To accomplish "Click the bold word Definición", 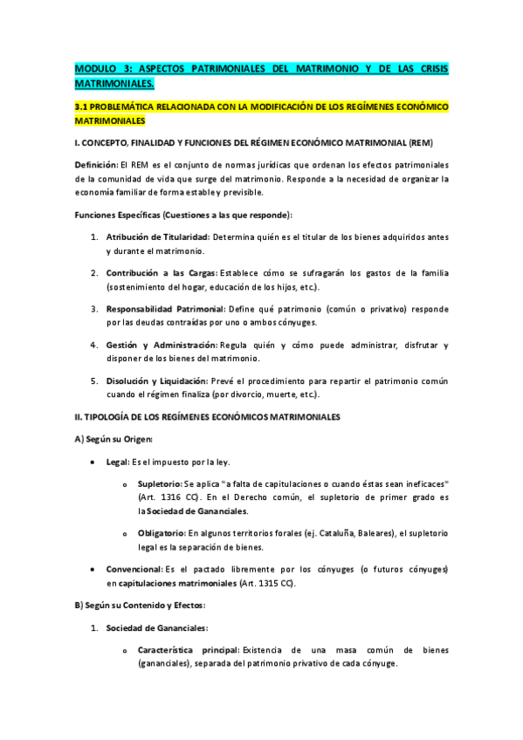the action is click(97, 165).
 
